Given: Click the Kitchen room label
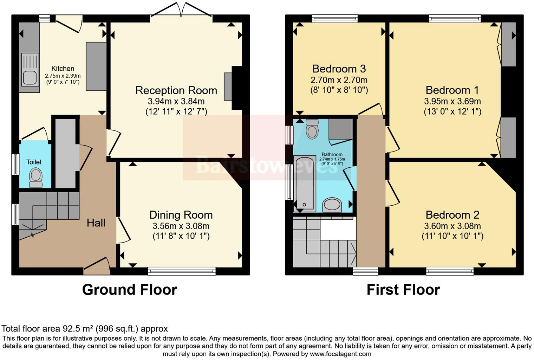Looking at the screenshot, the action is tap(63, 69).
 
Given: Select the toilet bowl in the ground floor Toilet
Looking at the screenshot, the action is tap(36, 178).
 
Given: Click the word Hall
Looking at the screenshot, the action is tap(96, 223).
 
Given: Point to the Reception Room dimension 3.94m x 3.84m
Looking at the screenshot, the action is tap(176, 101).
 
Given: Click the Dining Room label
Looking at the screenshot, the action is tap(181, 215).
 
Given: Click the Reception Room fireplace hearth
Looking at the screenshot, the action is tap(228, 86).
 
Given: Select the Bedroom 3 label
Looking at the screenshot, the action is tap(339, 69).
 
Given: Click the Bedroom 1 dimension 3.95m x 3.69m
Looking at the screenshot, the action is tap(452, 101).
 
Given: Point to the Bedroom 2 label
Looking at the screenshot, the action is tap(452, 215).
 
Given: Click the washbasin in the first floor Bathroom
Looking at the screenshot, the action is tap(332, 205).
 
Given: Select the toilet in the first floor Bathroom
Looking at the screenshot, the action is tap(312, 129).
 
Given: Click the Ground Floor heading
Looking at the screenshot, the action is tap(129, 290).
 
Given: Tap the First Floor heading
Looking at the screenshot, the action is tap(403, 290).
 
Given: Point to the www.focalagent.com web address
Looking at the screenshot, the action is tap(340, 354).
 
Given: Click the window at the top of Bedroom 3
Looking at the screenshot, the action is tap(335, 19).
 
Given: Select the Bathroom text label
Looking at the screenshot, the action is tap(332, 154).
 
